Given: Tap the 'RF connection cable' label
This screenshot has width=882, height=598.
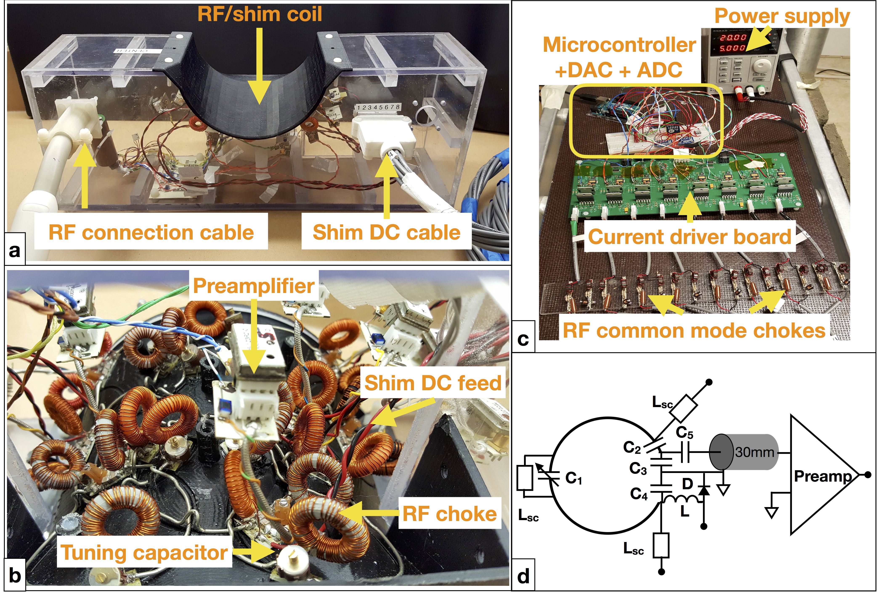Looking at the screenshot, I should click(x=151, y=232).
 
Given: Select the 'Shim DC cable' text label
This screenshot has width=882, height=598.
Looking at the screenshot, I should click(x=386, y=232).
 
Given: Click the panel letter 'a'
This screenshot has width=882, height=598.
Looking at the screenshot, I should click(x=15, y=251).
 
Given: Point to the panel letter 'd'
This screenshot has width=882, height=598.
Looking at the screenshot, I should click(x=523, y=576).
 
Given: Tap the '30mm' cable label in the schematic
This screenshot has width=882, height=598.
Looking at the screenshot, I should click(x=755, y=452).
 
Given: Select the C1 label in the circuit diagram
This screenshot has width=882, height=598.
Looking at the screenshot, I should click(x=573, y=478).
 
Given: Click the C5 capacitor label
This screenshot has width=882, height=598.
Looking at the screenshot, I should click(x=684, y=433).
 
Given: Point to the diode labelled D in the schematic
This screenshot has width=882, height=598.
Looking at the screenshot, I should click(x=704, y=491).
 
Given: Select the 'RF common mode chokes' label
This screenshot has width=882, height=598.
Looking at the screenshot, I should click(x=694, y=330).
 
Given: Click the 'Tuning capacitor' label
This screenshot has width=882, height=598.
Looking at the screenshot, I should click(x=144, y=553).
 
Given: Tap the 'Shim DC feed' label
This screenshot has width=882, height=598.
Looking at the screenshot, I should click(x=433, y=383).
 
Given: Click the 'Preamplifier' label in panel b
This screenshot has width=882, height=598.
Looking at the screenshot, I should click(x=253, y=285).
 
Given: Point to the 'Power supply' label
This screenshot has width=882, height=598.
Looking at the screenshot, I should click(x=782, y=16).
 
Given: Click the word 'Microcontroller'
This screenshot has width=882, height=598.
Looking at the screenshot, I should click(x=619, y=45).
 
